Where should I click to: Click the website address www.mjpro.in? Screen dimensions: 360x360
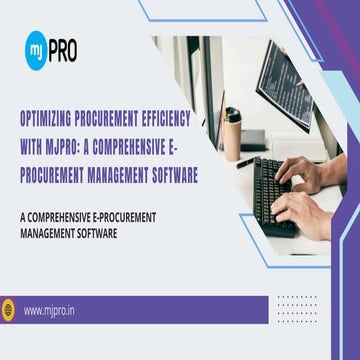pyautogui.click(x=51, y=311)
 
